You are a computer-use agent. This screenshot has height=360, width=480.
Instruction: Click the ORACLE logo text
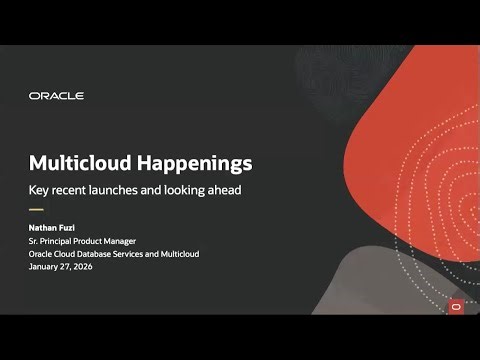pyautogui.click(x=56, y=96)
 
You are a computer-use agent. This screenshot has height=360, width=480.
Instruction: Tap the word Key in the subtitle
pyautogui.click(x=39, y=189)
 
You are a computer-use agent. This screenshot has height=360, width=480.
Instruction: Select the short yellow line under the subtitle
pyautogui.click(x=36, y=210)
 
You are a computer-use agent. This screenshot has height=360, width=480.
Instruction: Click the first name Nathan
pyautogui.click(x=44, y=229)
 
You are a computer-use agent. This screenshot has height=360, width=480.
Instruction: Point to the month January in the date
pyautogui.click(x=45, y=266)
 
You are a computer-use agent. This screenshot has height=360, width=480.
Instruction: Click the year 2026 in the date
pyautogui.click(x=87, y=266)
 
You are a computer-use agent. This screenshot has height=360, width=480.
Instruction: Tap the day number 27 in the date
pyautogui.click(x=68, y=266)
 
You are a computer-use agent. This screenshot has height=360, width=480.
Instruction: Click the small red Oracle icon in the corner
pyautogui.click(x=456, y=306)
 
